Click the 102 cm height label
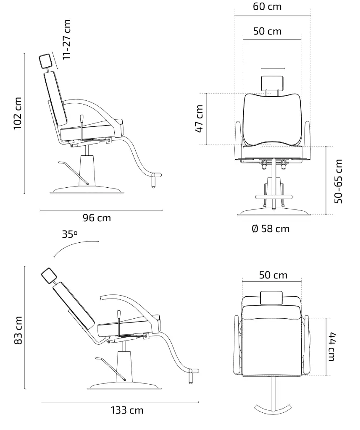(x=18, y=113)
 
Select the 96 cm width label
(x=97, y=218)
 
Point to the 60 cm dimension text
(x=267, y=7)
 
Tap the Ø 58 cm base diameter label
(x=271, y=229)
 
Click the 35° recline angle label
(x=70, y=234)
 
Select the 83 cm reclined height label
(x=18, y=330)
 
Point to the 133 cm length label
(x=127, y=410)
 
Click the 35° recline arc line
(x=76, y=246)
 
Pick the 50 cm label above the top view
(x=273, y=275)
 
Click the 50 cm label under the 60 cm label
(x=267, y=31)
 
